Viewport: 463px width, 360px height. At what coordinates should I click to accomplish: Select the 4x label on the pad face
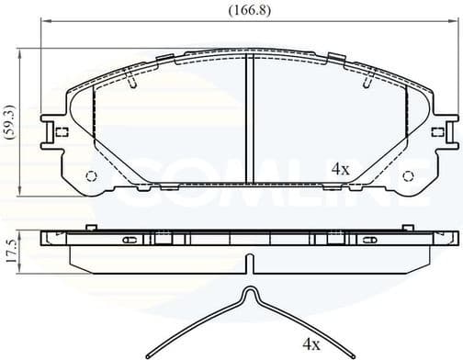coord(340,169)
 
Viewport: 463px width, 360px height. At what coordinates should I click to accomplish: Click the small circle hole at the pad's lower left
coord(91,177)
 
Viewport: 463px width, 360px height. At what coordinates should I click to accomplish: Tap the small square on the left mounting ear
coord(62,131)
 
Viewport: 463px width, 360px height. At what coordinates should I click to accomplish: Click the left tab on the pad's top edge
coord(165,59)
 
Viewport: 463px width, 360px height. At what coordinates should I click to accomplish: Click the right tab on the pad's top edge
coord(334,59)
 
